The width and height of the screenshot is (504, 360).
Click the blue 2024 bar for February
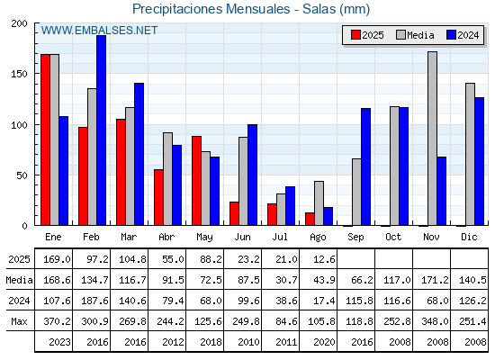click(x=101, y=130)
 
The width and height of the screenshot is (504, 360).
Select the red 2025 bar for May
click(x=197, y=181)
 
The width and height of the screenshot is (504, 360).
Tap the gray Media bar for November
click(x=432, y=139)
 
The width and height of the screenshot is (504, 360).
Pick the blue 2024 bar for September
click(x=365, y=166)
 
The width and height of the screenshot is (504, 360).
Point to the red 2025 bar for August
click(x=310, y=219)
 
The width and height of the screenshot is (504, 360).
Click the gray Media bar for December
click(x=470, y=154)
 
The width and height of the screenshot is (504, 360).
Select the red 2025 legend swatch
click(x=355, y=35)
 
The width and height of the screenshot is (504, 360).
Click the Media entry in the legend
click(x=415, y=35)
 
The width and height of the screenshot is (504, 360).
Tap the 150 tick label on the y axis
click(x=19, y=74)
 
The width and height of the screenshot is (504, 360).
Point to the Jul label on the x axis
click(x=280, y=237)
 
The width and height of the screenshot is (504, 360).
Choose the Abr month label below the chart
click(x=166, y=237)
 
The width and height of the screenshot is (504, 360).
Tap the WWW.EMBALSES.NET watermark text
click(x=99, y=31)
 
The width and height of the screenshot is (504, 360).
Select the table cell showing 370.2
click(x=57, y=321)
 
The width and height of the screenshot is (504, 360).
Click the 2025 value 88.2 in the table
click(x=211, y=259)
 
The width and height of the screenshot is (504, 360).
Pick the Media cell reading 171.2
click(x=435, y=280)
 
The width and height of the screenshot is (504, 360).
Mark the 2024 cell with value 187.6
click(x=94, y=301)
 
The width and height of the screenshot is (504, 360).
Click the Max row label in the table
click(x=19, y=321)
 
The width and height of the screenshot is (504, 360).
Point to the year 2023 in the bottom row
click(x=59, y=342)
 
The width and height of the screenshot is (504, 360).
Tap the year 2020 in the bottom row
click(x=324, y=342)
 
